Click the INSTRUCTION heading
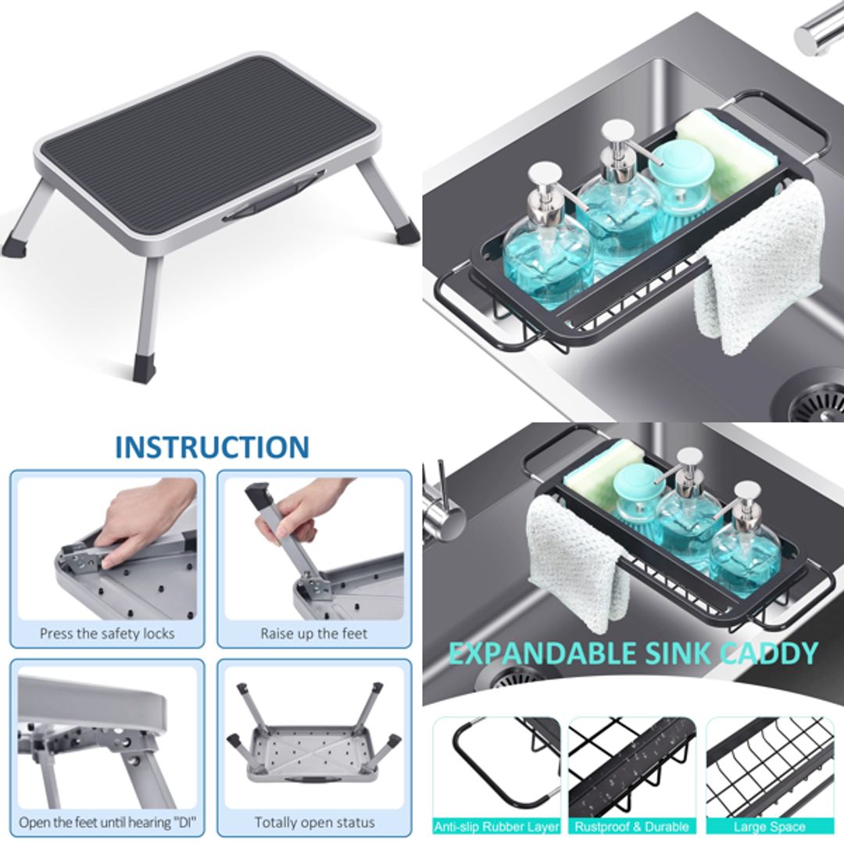[x=212, y=447]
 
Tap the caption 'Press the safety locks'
[x=107, y=633]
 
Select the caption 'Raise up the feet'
[x=313, y=633]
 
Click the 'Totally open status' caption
[x=314, y=822]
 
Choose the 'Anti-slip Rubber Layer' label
[x=497, y=826]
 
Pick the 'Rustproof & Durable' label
[x=631, y=826]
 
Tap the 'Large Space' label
[x=769, y=826]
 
